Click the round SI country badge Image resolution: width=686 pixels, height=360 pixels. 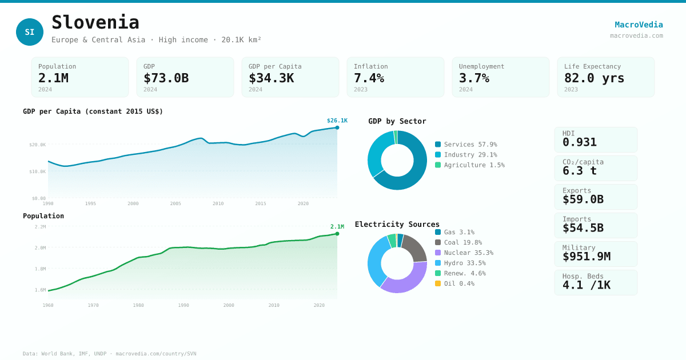click(30, 32)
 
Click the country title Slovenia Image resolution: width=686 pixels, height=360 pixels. click(95, 22)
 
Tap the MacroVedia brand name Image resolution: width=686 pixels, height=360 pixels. click(639, 25)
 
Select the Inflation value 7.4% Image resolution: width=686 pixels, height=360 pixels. click(369, 78)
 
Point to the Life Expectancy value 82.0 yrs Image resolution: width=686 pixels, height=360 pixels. click(594, 78)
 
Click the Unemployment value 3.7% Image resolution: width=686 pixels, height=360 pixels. click(474, 78)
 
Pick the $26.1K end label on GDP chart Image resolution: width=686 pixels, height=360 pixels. click(337, 121)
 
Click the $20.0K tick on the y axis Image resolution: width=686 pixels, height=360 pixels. click(38, 145)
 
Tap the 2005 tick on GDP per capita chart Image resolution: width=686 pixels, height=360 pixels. click(176, 203)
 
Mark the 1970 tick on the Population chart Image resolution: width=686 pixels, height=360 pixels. click(93, 305)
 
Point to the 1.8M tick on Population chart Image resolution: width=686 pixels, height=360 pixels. click(40, 269)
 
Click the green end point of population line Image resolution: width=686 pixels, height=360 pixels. click(337, 234)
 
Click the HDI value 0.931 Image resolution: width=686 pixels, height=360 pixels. click(579, 142)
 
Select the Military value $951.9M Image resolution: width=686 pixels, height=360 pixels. click(586, 257)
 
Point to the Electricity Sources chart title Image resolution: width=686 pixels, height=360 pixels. click(397, 224)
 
